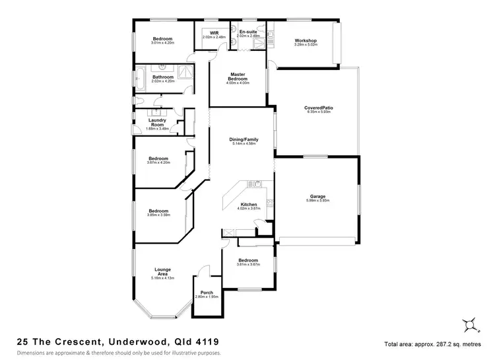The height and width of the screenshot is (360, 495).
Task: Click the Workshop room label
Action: click(306, 41)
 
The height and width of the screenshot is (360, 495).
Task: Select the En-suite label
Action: click(248, 32)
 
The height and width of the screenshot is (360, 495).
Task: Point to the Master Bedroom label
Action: click(238, 76)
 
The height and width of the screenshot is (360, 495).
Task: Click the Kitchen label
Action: click(249, 205)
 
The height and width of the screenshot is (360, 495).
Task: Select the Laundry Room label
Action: click(157, 122)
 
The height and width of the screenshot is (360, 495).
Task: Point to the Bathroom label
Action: click(162, 77)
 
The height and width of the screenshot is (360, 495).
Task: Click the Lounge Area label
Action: click(163, 271)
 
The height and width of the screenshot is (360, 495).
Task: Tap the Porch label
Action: click(207, 293)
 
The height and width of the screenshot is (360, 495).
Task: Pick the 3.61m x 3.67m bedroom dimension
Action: click(249, 264)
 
